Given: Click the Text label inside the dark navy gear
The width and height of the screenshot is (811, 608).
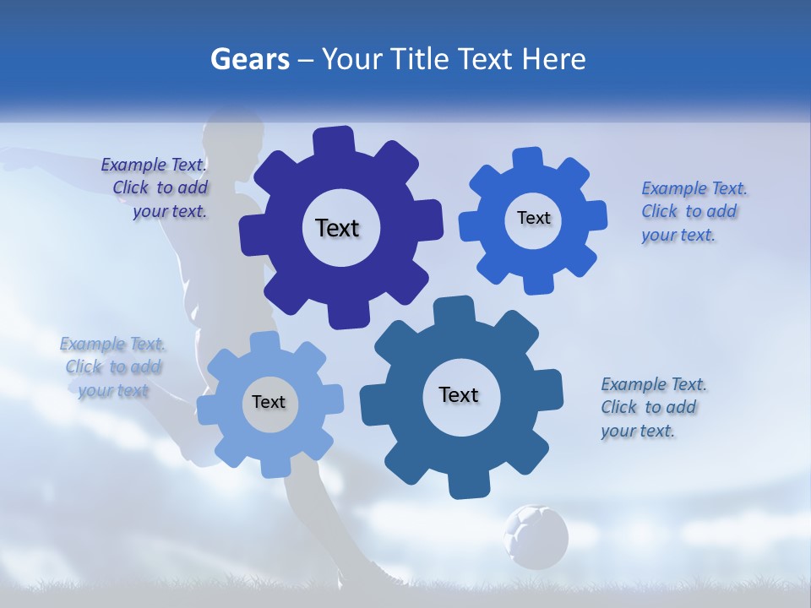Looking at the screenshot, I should tap(337, 228).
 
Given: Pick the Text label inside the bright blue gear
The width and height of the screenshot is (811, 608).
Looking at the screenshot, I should tap(533, 218).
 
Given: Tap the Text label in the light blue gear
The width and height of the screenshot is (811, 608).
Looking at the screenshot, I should tap(269, 402).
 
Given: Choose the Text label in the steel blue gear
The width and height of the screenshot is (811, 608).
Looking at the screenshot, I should tap(459, 394).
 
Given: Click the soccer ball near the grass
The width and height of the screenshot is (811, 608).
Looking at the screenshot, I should tap(536, 536).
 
